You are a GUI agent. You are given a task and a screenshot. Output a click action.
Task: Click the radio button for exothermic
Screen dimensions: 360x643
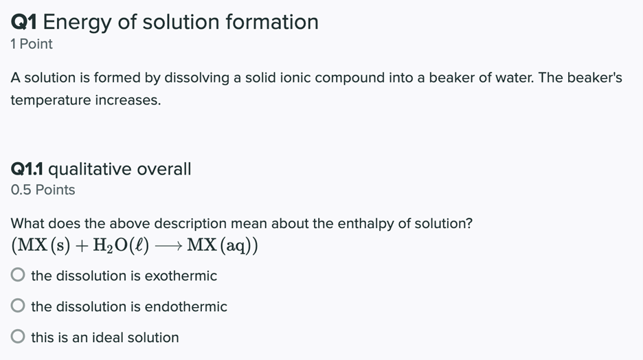click(19, 275)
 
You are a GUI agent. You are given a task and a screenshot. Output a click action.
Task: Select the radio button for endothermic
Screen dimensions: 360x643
click(19, 306)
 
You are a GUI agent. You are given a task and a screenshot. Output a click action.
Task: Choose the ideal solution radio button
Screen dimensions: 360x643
click(19, 337)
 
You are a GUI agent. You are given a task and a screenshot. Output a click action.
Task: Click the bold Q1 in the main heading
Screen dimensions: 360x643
click(24, 22)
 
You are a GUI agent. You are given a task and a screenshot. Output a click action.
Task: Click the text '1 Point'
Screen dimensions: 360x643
click(32, 44)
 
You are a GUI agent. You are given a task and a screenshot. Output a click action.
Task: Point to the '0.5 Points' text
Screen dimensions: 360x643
click(43, 190)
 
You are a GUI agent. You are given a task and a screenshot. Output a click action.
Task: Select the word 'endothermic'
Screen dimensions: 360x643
click(185, 306)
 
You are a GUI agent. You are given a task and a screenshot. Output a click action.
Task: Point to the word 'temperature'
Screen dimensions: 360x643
click(50, 100)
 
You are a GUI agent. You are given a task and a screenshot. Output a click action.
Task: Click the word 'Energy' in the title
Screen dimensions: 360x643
click(77, 22)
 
